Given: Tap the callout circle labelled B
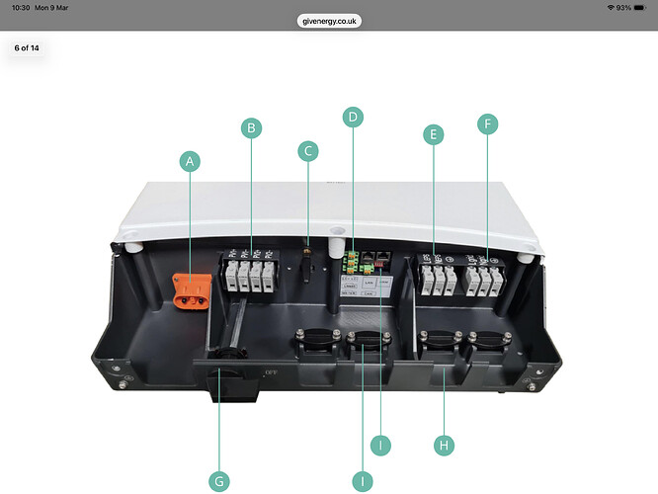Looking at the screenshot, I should point(252,127).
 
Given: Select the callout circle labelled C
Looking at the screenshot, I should point(308,151).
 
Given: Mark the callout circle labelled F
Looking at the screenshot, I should point(486,123).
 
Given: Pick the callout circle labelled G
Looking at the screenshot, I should point(219,481).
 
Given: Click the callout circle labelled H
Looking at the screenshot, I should point(445,446).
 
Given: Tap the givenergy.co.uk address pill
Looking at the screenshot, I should point(328,20).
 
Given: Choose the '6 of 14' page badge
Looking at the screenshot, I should point(28,47).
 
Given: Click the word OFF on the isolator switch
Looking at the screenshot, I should point(273,371).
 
